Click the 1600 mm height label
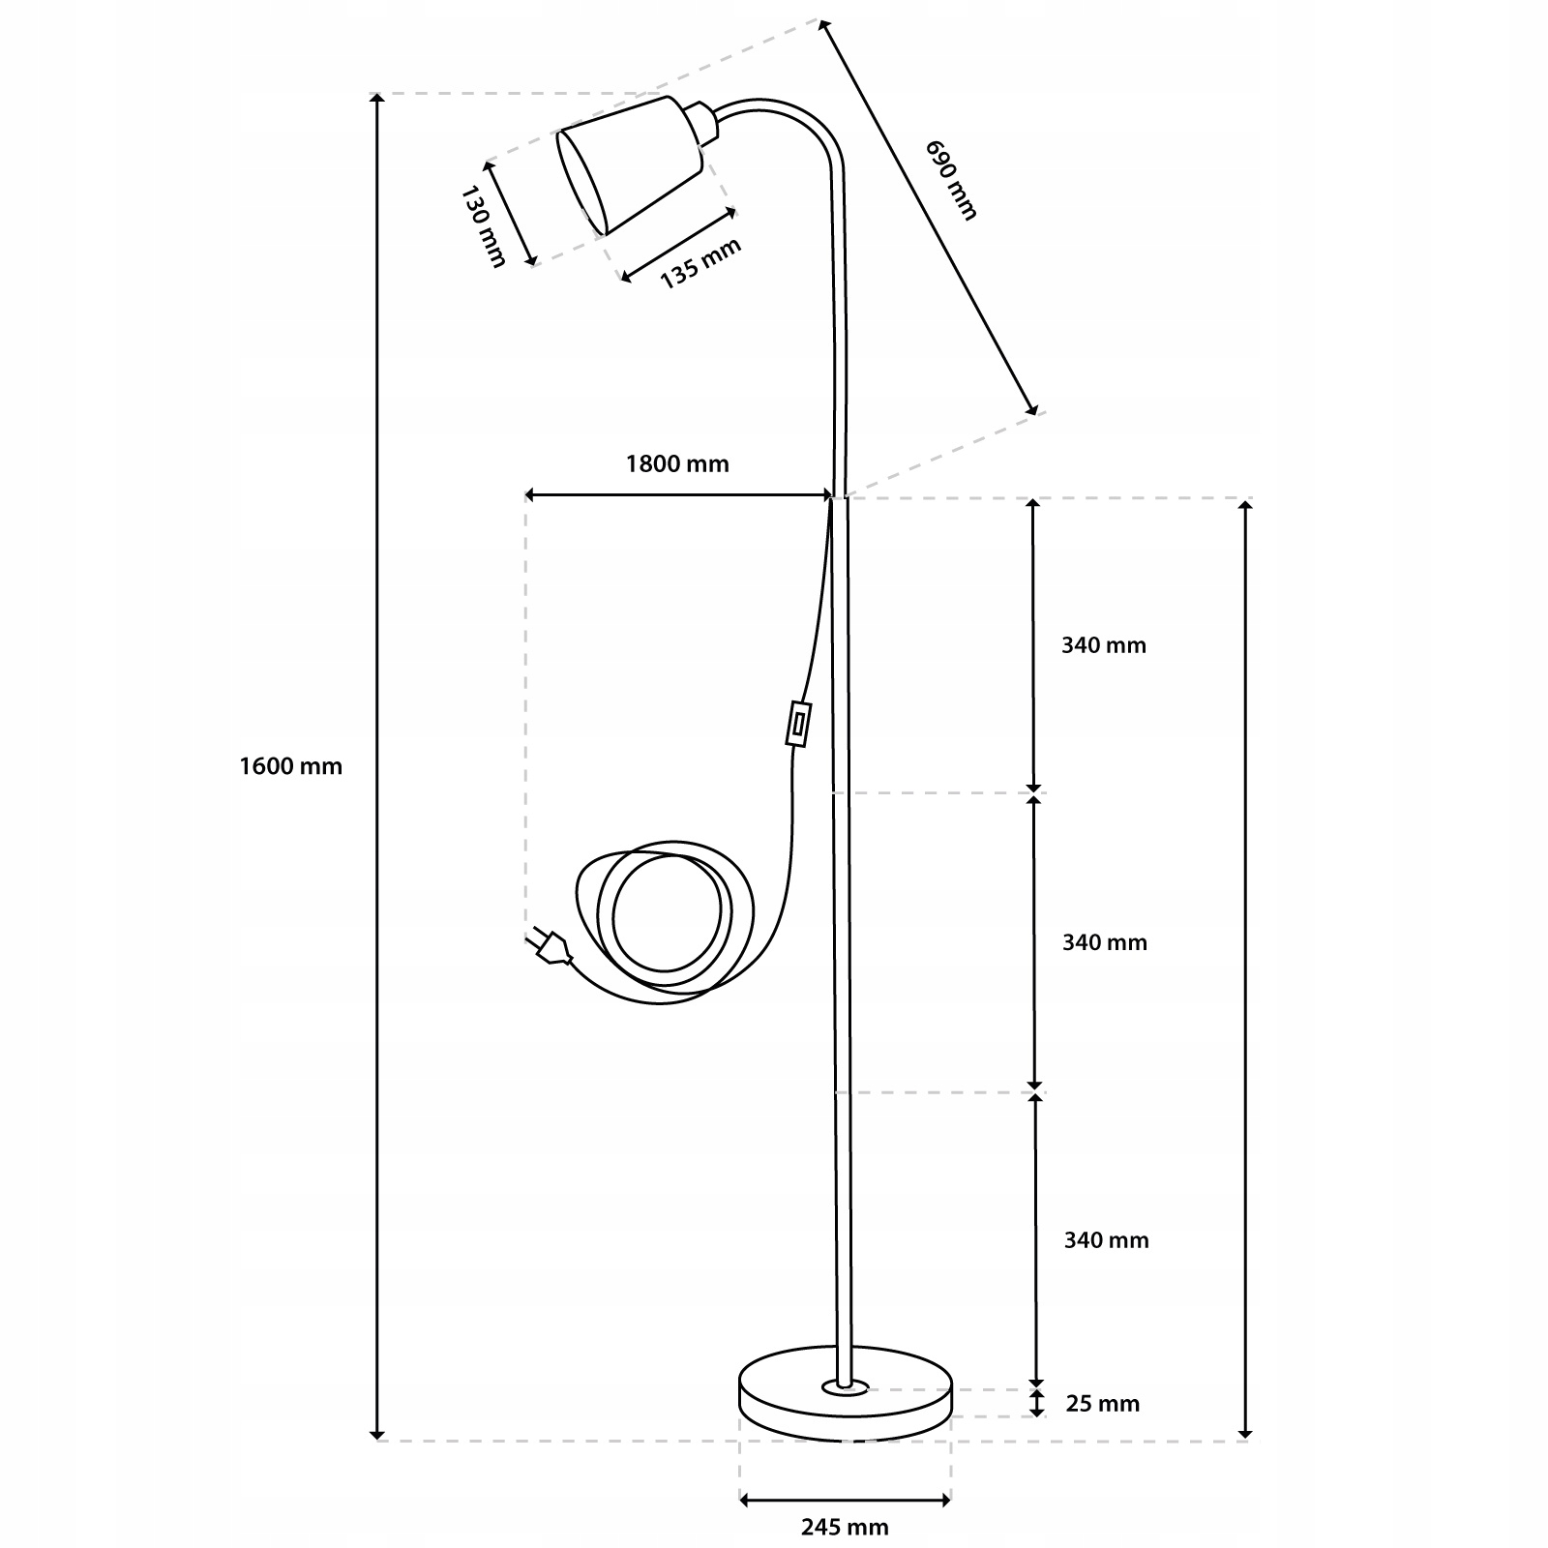point(290,766)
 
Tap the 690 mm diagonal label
point(951,180)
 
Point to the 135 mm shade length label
point(700,262)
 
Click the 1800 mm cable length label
point(677,463)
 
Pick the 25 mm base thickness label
point(1102,1403)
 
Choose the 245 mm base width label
point(845,1528)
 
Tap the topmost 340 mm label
point(1103,645)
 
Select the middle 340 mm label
point(1104,942)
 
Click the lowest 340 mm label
point(1106,1240)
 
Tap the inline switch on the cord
point(798,725)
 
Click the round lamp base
point(845,1408)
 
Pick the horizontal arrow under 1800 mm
point(677,495)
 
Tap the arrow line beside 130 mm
point(510,213)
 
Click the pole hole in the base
point(845,1388)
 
